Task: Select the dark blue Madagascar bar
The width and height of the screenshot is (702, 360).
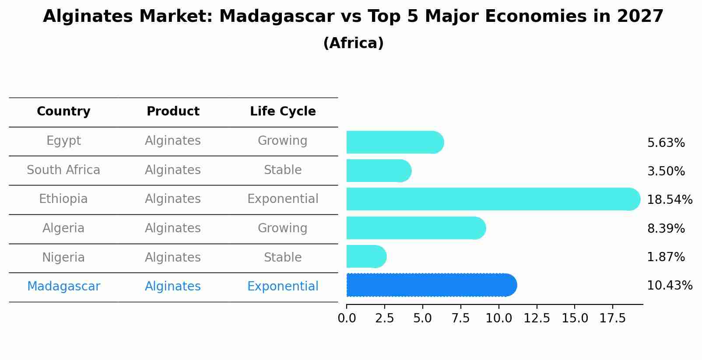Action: (x=431, y=285)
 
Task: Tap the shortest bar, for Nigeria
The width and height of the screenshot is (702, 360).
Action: (x=366, y=256)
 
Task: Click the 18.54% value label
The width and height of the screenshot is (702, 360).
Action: (x=669, y=200)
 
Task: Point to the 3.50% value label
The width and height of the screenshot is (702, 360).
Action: (x=666, y=171)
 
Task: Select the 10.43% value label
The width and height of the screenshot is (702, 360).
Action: (x=669, y=286)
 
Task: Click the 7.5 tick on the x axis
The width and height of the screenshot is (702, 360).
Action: (x=460, y=318)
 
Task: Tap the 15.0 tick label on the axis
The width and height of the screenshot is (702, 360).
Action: (x=575, y=318)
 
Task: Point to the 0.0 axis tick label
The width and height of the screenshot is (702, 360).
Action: (x=347, y=318)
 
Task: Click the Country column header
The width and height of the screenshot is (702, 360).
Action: (x=63, y=112)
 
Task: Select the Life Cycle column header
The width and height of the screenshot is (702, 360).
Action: (x=283, y=112)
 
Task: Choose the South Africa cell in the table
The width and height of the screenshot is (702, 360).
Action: (x=63, y=170)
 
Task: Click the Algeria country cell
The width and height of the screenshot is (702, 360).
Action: (x=63, y=228)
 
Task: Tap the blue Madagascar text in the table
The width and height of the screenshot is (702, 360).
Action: (x=63, y=286)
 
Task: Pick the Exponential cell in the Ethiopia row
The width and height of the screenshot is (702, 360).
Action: (x=283, y=199)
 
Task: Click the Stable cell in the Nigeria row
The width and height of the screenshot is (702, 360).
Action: (x=283, y=257)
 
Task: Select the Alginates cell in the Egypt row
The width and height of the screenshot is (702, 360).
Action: (x=173, y=141)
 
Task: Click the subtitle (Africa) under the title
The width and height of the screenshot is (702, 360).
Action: (x=353, y=43)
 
